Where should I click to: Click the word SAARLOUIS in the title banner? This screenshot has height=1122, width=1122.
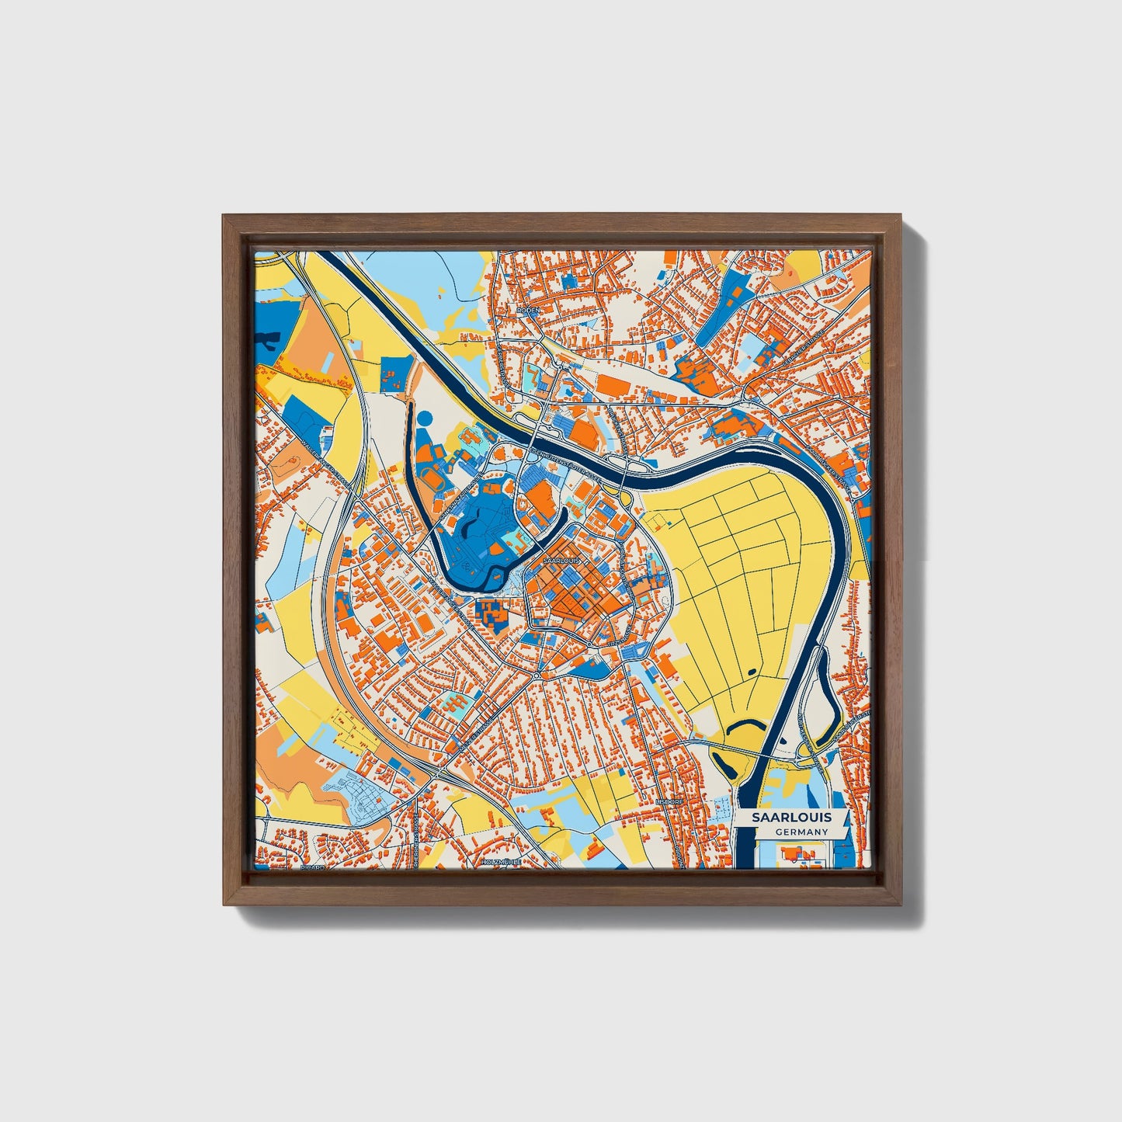(x=791, y=817)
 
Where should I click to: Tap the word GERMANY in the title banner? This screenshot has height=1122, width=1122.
(x=801, y=832)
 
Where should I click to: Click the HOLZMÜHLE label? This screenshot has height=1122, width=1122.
(x=499, y=862)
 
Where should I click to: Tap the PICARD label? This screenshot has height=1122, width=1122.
(x=312, y=867)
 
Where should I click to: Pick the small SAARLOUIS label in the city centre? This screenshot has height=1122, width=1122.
(x=561, y=559)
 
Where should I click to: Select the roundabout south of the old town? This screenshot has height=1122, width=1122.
(x=537, y=677)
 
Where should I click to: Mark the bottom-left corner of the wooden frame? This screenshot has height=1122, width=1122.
(x=225, y=904)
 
